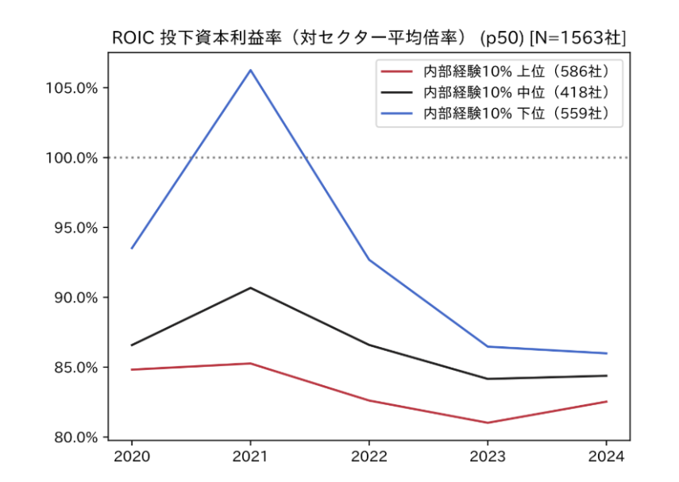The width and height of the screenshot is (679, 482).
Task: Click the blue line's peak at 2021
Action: [x=251, y=70]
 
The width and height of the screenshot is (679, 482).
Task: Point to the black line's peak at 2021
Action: [x=251, y=287]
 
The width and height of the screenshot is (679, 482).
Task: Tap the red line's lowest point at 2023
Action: [x=488, y=422]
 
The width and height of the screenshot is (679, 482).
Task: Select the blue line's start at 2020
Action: [x=132, y=249]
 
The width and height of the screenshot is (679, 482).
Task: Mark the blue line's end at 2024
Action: [x=607, y=353]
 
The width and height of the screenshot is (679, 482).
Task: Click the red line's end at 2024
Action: [x=607, y=401]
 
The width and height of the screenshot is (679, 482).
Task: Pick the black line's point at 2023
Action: [x=488, y=379]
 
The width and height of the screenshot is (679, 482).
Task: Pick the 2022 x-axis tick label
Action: [x=369, y=457]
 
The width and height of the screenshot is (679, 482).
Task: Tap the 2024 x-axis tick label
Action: [x=607, y=457]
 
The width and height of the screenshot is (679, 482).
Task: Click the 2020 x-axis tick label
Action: [x=132, y=457]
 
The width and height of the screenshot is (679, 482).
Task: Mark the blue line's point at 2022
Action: [x=369, y=260]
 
